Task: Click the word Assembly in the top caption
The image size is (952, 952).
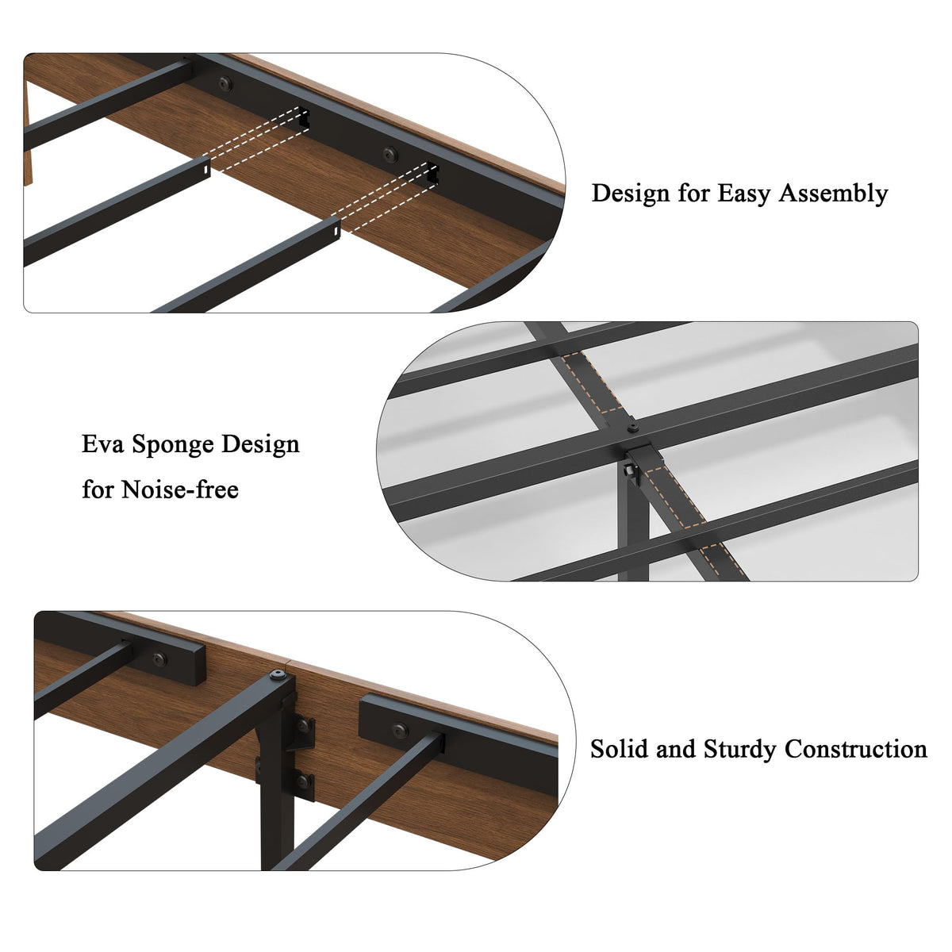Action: pyautogui.click(x=834, y=193)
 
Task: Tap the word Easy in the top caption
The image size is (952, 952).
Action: pyautogui.click(x=743, y=193)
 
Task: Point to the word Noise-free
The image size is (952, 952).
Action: pyautogui.click(x=180, y=489)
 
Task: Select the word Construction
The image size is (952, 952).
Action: pyautogui.click(x=856, y=748)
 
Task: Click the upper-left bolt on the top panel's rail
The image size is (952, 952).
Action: pyautogui.click(x=225, y=83)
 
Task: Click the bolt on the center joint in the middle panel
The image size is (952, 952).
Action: pyautogui.click(x=633, y=428)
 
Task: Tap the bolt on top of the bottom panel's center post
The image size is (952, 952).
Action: pyautogui.click(x=277, y=676)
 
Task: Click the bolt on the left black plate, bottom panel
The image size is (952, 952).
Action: pyautogui.click(x=159, y=659)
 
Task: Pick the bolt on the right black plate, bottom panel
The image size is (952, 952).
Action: pyautogui.click(x=400, y=730)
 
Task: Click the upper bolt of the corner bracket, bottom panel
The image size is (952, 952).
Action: pyautogui.click(x=304, y=725)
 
